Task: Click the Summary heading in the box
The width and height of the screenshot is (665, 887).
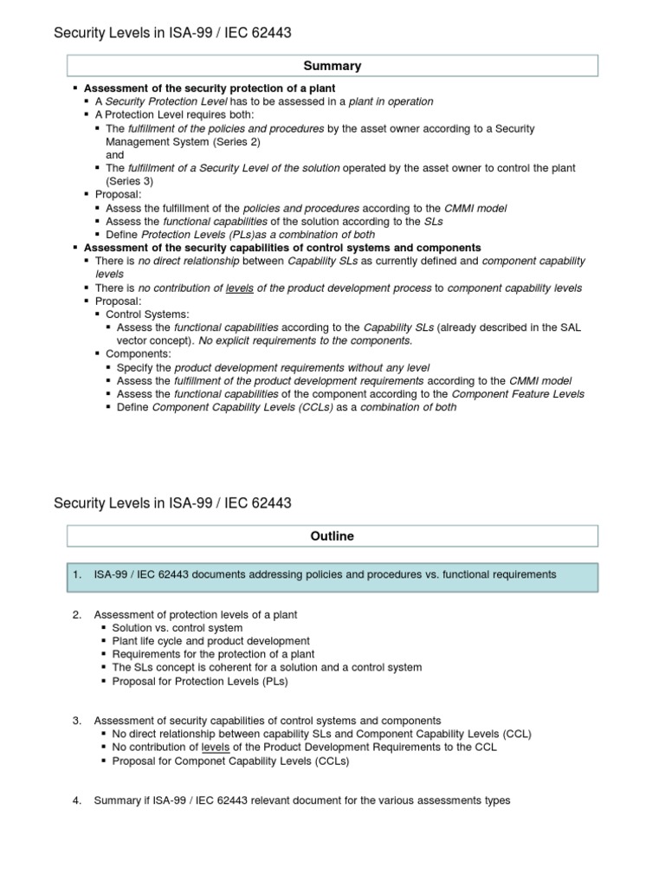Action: [x=332, y=66]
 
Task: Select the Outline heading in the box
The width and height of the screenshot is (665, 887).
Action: [x=332, y=536]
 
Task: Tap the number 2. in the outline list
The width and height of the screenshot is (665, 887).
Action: [x=77, y=614]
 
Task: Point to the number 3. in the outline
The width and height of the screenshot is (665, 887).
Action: [x=77, y=720]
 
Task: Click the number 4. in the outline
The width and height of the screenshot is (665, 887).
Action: [x=77, y=800]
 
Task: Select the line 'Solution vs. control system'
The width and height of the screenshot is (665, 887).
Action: [x=178, y=627]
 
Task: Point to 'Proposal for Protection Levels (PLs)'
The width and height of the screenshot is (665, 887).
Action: [x=200, y=681]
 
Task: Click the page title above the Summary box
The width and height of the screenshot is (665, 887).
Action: [x=172, y=33]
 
